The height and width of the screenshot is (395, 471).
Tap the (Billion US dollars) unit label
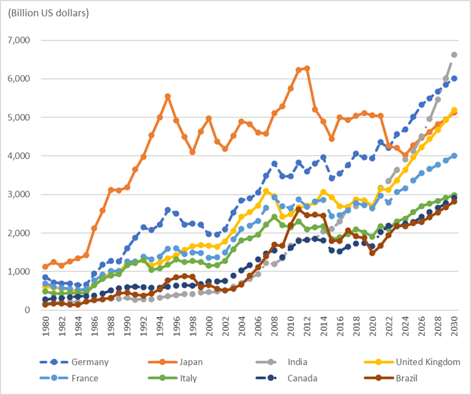(x=48, y=13)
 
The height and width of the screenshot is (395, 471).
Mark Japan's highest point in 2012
(x=307, y=69)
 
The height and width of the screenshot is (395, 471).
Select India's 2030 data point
(x=454, y=55)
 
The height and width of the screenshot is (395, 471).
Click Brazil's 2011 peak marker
(x=299, y=209)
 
